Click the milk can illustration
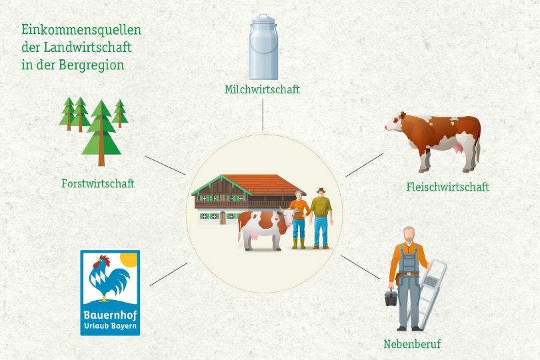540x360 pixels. click(263, 47)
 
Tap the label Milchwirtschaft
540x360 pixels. click(263, 89)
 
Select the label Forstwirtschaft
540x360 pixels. click(98, 183)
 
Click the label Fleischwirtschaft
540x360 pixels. click(448, 187)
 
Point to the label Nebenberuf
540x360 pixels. click(412, 344)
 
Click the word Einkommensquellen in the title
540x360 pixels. click(81, 30)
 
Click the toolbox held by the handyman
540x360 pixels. click(391, 297)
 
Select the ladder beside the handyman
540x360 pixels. click(429, 293)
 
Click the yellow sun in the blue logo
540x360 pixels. click(129, 260)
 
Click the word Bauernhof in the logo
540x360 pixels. click(110, 315)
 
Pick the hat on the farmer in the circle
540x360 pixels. click(321, 190)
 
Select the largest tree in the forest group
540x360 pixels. click(101, 133)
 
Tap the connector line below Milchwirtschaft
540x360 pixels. click(263, 115)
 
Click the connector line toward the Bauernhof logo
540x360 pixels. click(169, 274)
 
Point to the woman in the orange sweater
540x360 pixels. click(299, 219)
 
